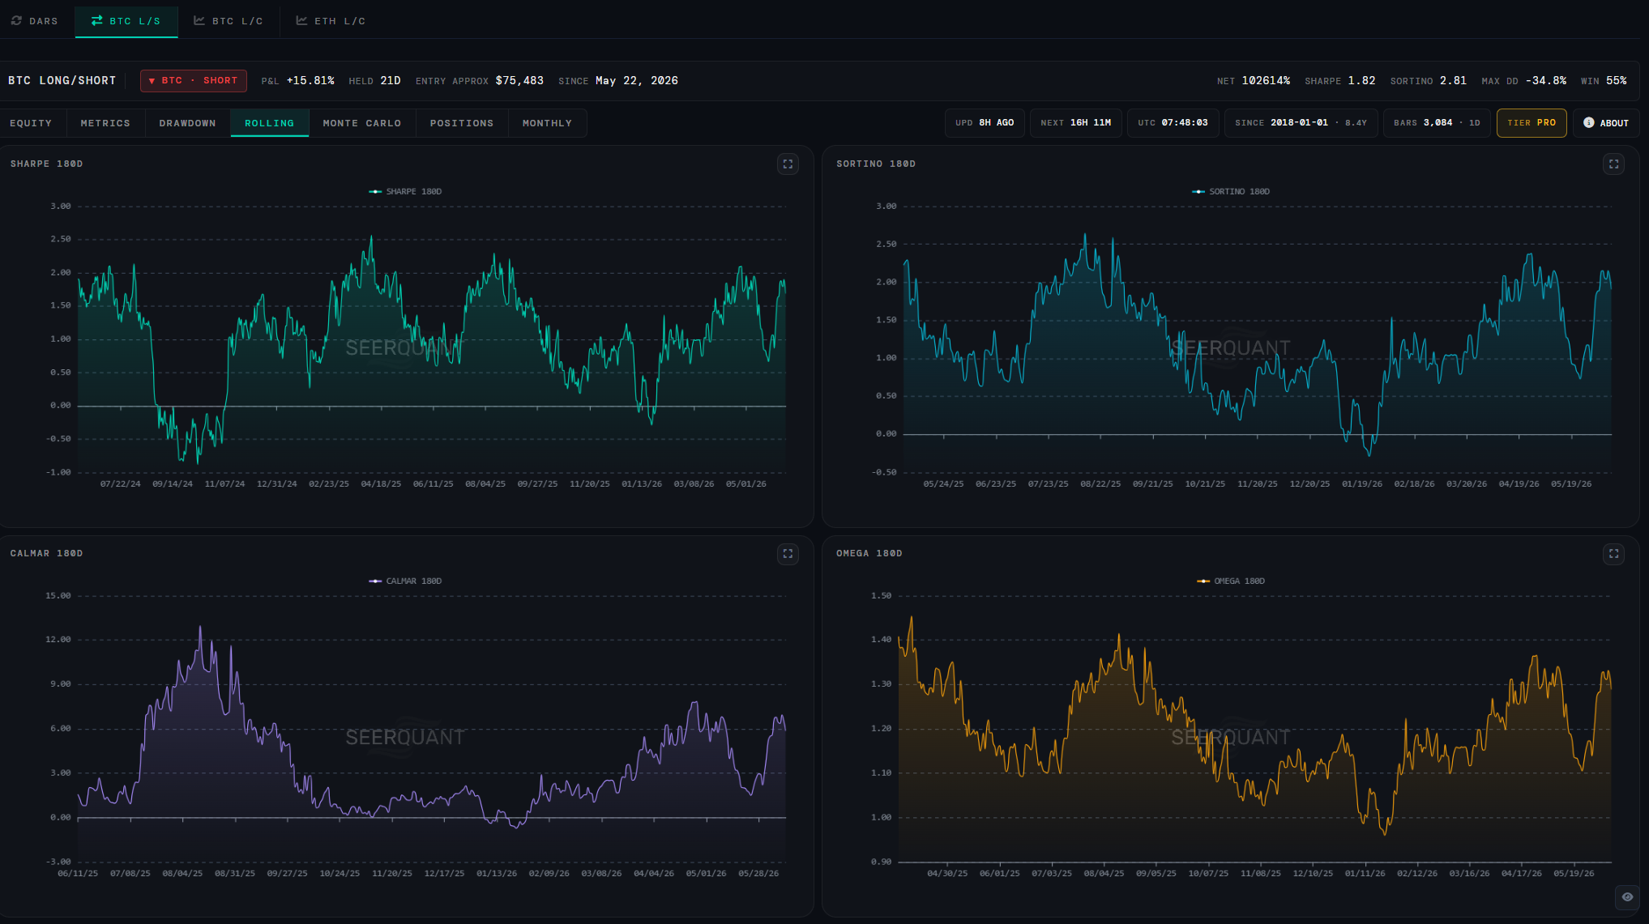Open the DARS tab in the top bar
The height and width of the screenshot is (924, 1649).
(x=35, y=21)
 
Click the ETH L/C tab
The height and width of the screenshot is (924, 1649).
(x=331, y=21)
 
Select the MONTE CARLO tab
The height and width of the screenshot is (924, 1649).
(x=362, y=123)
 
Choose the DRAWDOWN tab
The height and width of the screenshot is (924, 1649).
(x=187, y=123)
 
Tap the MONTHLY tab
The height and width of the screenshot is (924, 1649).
(x=547, y=123)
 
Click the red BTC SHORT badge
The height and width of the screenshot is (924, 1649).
(x=194, y=81)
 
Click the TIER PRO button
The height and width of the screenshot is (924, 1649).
(x=1532, y=123)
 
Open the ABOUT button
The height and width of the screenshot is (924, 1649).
(x=1606, y=123)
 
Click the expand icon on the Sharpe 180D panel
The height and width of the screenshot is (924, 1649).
(x=788, y=164)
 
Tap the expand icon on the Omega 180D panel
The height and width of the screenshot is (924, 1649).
(x=1613, y=554)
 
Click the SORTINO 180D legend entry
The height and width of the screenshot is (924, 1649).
(x=1231, y=192)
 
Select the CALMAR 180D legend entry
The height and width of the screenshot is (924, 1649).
(x=405, y=581)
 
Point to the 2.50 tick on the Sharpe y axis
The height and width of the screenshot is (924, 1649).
(x=61, y=240)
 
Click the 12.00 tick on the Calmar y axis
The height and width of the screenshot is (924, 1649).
(x=58, y=640)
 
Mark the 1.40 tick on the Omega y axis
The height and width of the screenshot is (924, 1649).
(x=881, y=640)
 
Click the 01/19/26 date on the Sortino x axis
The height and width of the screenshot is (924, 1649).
(x=1362, y=484)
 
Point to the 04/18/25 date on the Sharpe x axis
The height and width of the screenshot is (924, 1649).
(x=381, y=484)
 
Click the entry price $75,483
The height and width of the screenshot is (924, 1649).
(x=519, y=81)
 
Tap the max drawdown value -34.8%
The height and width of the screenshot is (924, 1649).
(x=1546, y=81)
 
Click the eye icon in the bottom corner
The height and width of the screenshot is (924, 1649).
(x=1627, y=896)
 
